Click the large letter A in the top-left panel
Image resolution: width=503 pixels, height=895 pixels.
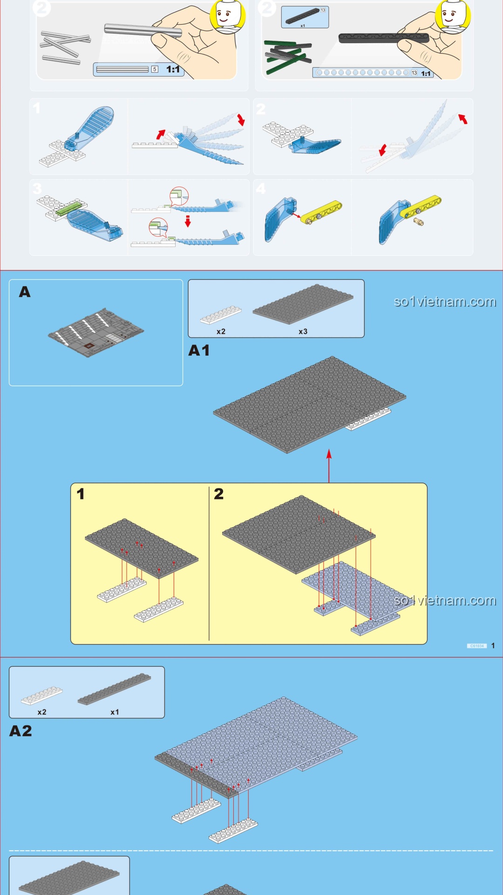pyautogui.click(x=25, y=292)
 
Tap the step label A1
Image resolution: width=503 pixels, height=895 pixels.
pyautogui.click(x=199, y=351)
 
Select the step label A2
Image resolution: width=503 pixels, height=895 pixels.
pyautogui.click(x=20, y=731)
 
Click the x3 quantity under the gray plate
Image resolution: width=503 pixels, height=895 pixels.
pyautogui.click(x=303, y=331)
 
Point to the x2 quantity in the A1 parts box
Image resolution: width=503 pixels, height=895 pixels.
pyautogui.click(x=221, y=331)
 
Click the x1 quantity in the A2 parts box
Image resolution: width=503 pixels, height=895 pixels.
pyautogui.click(x=115, y=712)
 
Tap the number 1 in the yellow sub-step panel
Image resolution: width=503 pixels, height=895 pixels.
pyautogui.click(x=81, y=494)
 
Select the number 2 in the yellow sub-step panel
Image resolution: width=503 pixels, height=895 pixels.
pyautogui.click(x=218, y=494)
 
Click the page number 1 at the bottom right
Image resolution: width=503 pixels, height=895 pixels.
pyautogui.click(x=493, y=646)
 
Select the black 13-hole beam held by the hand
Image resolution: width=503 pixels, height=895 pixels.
pyautogui.click(x=382, y=38)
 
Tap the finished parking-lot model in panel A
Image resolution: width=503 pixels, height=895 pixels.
pyautogui.click(x=96, y=332)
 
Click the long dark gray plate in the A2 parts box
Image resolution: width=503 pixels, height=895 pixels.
pyautogui.click(x=115, y=688)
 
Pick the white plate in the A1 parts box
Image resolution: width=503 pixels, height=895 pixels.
pyautogui.click(x=221, y=315)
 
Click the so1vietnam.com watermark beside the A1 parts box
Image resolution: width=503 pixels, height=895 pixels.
pyautogui.click(x=445, y=302)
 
